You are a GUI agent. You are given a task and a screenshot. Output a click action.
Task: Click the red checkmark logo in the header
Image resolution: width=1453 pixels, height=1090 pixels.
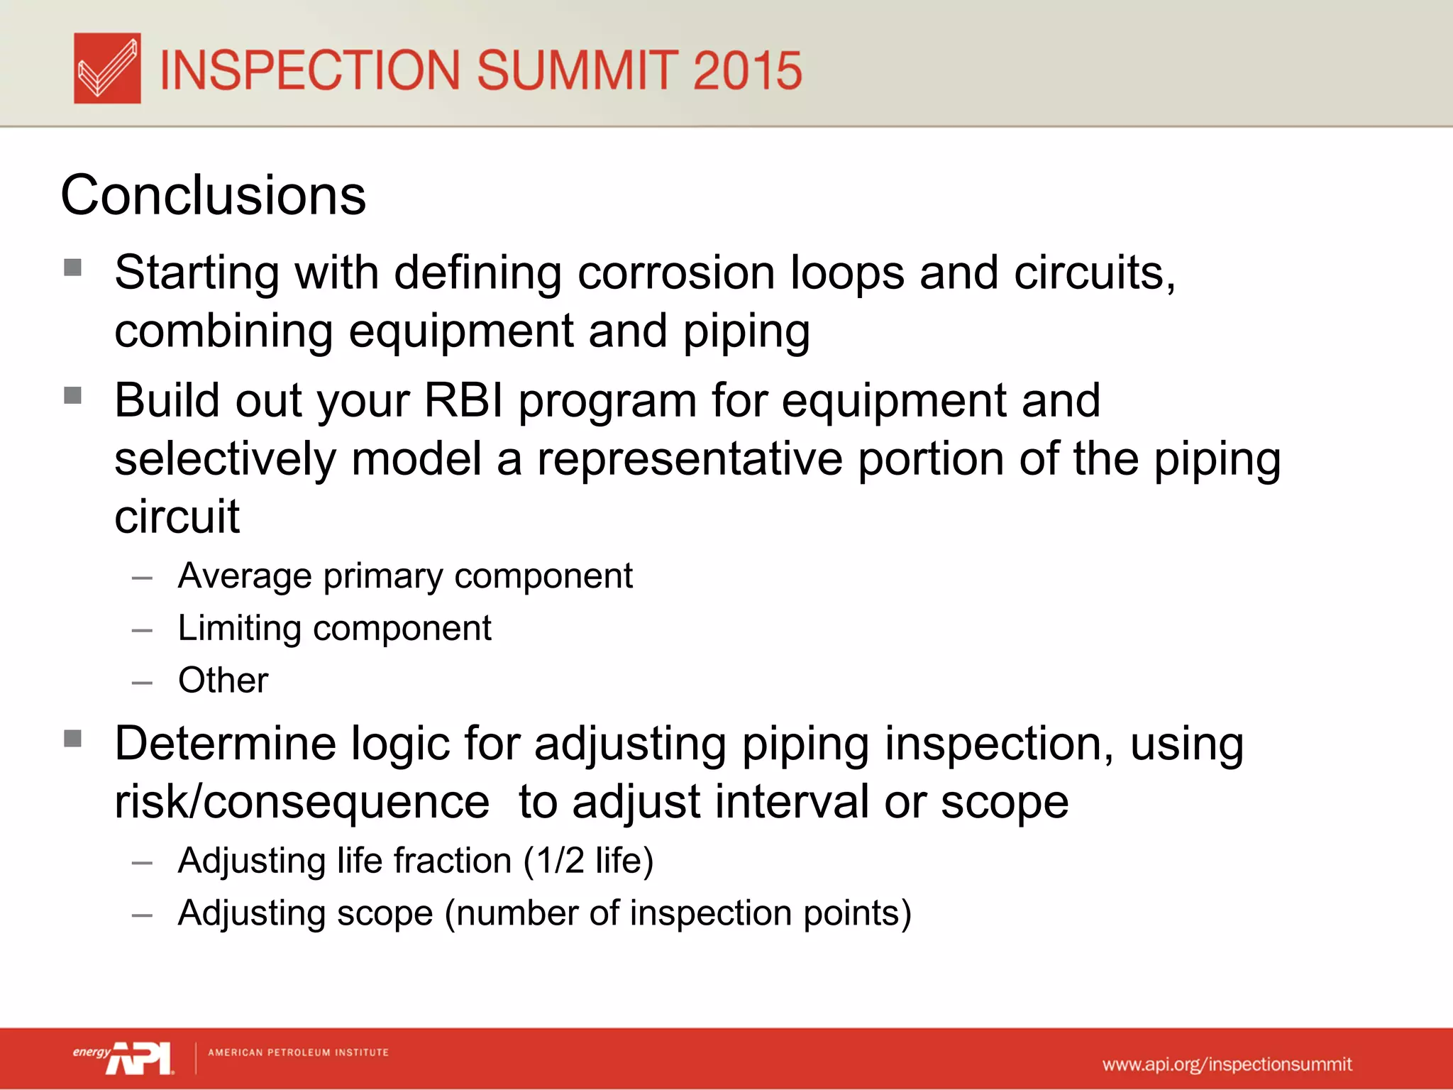pos(107,68)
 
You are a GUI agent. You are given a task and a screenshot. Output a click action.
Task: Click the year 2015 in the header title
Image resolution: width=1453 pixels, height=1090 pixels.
pos(747,70)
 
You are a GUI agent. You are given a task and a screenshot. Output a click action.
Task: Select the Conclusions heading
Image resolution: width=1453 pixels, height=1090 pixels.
pos(213,195)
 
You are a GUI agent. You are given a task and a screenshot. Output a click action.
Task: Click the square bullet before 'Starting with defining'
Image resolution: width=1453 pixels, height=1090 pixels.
pos(72,268)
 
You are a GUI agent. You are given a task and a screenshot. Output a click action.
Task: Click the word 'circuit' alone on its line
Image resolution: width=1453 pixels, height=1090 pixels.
pos(177,517)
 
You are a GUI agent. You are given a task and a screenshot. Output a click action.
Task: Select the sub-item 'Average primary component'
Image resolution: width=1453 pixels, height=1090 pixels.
pos(404,576)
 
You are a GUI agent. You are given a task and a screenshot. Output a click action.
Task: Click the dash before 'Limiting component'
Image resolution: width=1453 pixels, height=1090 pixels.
pos(142,630)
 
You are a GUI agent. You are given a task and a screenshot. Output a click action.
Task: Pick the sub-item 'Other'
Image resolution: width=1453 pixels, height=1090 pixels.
pos(223,681)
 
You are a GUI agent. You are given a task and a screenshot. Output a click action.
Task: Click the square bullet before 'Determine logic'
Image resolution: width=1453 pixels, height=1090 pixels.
pos(72,739)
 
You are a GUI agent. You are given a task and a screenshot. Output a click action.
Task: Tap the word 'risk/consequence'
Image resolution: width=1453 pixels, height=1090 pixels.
pos(302,803)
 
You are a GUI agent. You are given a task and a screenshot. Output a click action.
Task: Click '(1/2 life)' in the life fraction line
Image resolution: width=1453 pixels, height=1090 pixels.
pos(588,861)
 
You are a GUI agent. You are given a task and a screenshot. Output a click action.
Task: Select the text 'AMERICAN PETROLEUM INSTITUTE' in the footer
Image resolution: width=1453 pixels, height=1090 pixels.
pos(298,1052)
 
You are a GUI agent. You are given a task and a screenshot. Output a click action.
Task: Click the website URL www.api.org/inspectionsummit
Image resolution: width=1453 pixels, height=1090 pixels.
pos(1227,1064)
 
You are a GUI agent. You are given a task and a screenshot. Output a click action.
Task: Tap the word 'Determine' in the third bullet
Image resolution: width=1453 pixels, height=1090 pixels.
pos(225,744)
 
